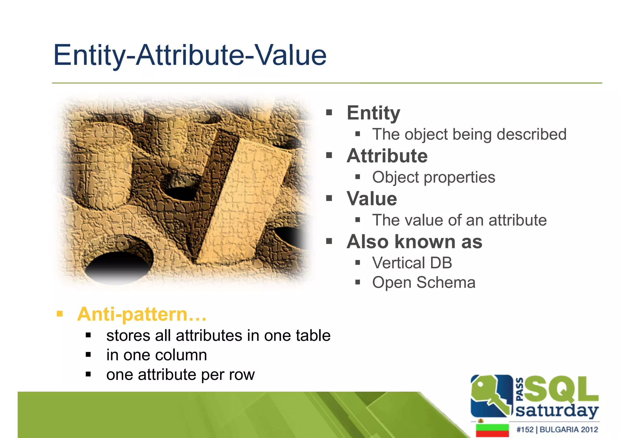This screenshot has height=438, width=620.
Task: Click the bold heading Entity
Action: (x=373, y=113)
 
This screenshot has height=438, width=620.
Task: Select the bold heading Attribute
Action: (x=387, y=156)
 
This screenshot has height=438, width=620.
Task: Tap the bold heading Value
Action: (x=371, y=199)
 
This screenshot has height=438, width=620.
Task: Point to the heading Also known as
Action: (x=414, y=242)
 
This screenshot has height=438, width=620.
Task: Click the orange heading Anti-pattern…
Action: (x=142, y=314)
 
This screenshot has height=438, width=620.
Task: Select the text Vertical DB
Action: (x=412, y=263)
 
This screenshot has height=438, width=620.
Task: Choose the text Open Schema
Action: (x=424, y=282)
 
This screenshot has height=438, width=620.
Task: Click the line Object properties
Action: (x=434, y=177)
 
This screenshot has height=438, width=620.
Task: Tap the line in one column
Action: (x=157, y=355)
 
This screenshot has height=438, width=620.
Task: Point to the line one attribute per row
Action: (x=180, y=374)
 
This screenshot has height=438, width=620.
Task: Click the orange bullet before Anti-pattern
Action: (x=60, y=314)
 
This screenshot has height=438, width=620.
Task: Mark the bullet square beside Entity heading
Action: (x=329, y=113)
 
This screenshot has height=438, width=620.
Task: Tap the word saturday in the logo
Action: (x=557, y=411)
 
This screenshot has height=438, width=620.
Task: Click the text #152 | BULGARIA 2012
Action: (x=557, y=430)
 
